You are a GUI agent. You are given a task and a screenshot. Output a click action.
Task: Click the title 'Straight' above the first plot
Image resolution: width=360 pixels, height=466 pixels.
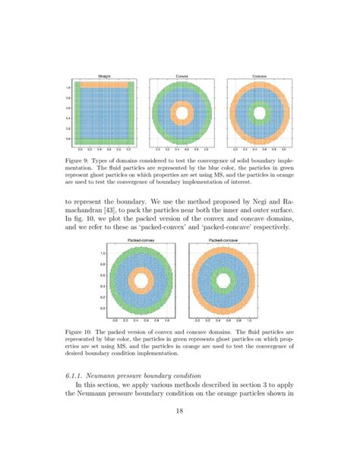point(106,77)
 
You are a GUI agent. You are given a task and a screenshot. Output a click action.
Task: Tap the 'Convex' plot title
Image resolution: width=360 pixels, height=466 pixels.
point(183,77)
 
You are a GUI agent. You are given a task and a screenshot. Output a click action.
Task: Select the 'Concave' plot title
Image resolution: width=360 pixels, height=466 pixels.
point(261,77)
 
